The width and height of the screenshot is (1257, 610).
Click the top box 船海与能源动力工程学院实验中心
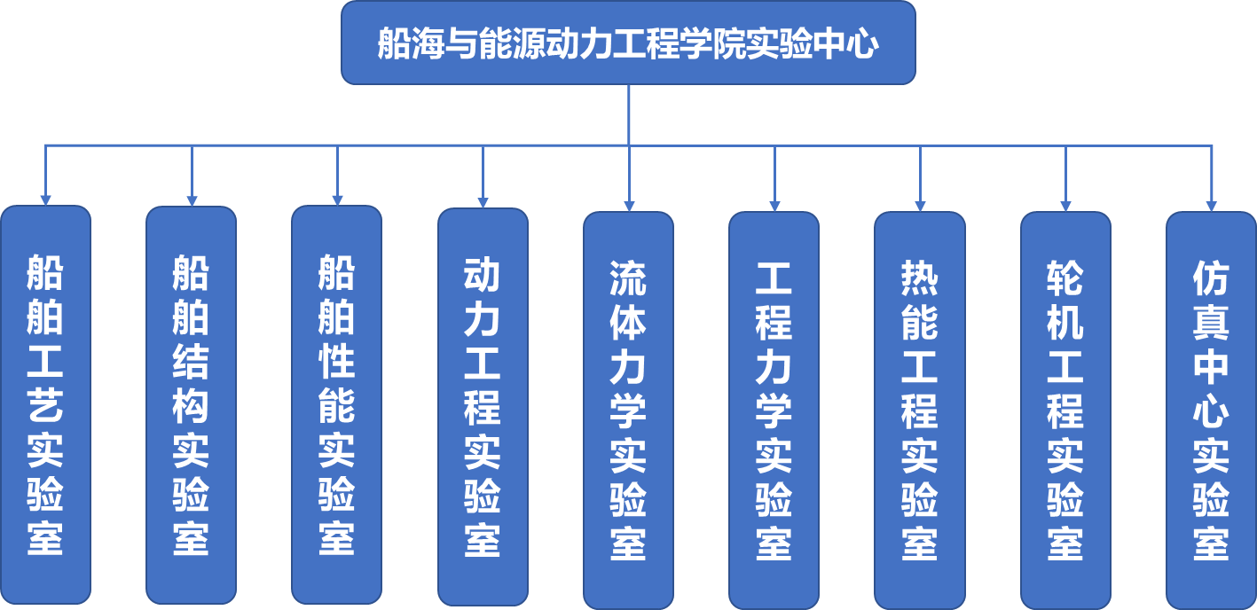[x=628, y=43]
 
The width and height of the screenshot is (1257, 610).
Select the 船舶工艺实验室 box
[x=45, y=404]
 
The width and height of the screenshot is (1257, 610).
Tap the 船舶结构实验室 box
[x=191, y=404]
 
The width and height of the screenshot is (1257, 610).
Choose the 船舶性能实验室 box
[x=336, y=404]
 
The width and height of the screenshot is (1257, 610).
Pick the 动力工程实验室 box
[x=483, y=406]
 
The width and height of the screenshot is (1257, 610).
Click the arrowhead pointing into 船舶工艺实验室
[x=45, y=199]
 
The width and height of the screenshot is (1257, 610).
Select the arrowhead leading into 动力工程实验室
[x=483, y=202]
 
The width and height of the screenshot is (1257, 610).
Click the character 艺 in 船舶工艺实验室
[x=45, y=405]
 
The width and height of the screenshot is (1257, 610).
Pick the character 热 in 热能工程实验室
[x=919, y=278]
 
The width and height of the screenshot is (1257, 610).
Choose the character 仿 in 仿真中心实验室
[x=1211, y=278]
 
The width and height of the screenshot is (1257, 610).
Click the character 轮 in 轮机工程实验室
[x=1065, y=278]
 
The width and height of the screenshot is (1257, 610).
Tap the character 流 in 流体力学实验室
[x=628, y=278]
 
